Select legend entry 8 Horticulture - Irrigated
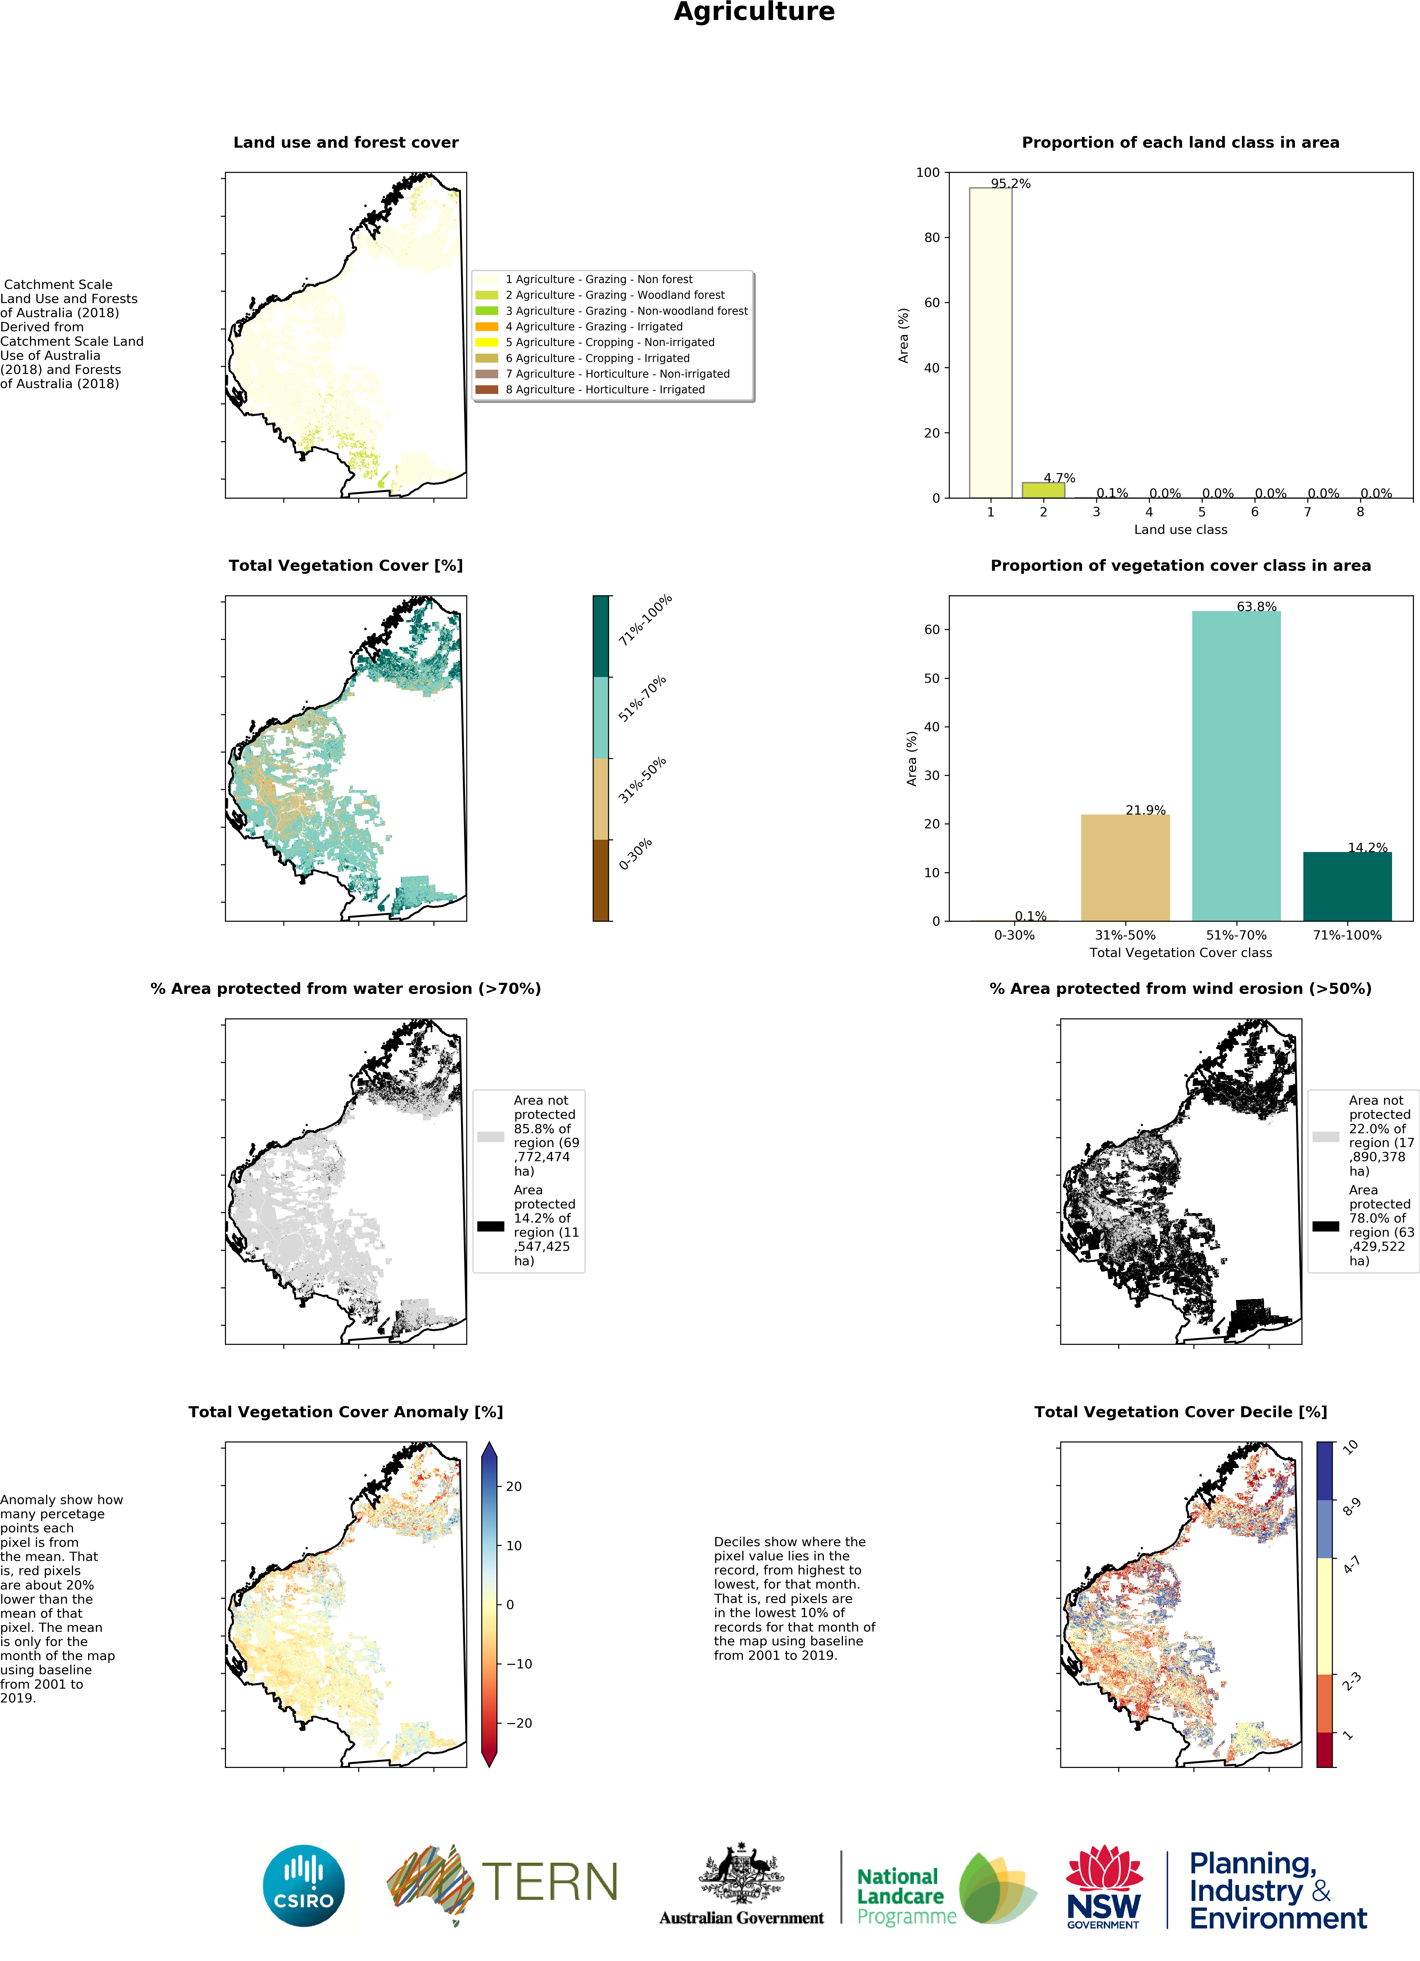pyautogui.click(x=605, y=390)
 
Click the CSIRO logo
pyautogui.click(x=303, y=1886)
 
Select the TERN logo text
pyautogui.click(x=550, y=1882)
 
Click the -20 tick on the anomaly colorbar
pyautogui.click(x=518, y=1723)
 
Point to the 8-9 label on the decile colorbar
pyautogui.click(x=1351, y=1507)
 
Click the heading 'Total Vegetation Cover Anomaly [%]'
pyautogui.click(x=346, y=1412)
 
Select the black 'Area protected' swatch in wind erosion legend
pyautogui.click(x=1325, y=1226)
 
